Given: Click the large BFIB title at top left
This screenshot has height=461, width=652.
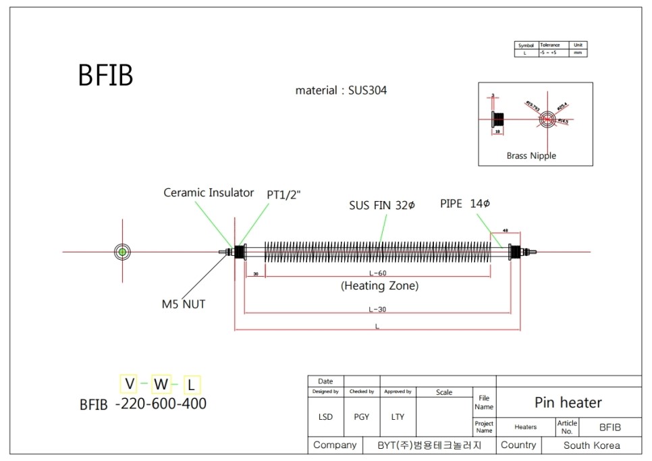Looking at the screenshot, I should [x=105, y=76].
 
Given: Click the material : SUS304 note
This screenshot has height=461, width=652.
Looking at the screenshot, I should [x=341, y=90].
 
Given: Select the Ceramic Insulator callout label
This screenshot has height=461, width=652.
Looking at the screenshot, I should [x=209, y=193].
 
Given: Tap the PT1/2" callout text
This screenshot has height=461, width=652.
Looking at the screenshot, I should [x=283, y=194].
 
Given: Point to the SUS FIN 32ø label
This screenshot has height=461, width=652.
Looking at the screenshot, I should [x=381, y=205].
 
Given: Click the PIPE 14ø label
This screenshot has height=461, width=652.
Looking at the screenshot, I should [x=465, y=203].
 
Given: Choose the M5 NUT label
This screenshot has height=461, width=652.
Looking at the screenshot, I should [x=183, y=304].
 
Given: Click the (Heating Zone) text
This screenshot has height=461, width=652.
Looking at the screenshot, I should [x=380, y=286].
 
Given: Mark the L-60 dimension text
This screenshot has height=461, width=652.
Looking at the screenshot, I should [x=378, y=273].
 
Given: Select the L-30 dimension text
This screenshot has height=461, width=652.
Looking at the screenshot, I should [x=378, y=309].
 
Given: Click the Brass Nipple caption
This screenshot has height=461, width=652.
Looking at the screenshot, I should [x=531, y=156].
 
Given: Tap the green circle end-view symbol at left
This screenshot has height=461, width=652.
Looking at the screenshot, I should [x=122, y=252].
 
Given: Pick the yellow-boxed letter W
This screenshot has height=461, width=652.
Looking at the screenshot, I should [x=161, y=385].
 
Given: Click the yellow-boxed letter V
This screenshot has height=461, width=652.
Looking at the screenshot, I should [x=128, y=384].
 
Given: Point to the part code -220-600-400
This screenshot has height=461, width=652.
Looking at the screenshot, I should [x=161, y=404].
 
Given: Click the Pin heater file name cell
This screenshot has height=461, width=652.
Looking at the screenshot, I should [x=568, y=403].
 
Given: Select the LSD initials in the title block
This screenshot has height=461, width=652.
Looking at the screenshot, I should [x=325, y=417].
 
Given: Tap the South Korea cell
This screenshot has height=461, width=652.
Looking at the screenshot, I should [x=591, y=445].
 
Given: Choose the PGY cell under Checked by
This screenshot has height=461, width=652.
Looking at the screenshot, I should [x=362, y=417].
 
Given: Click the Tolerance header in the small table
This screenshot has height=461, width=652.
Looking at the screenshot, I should [x=551, y=45].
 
